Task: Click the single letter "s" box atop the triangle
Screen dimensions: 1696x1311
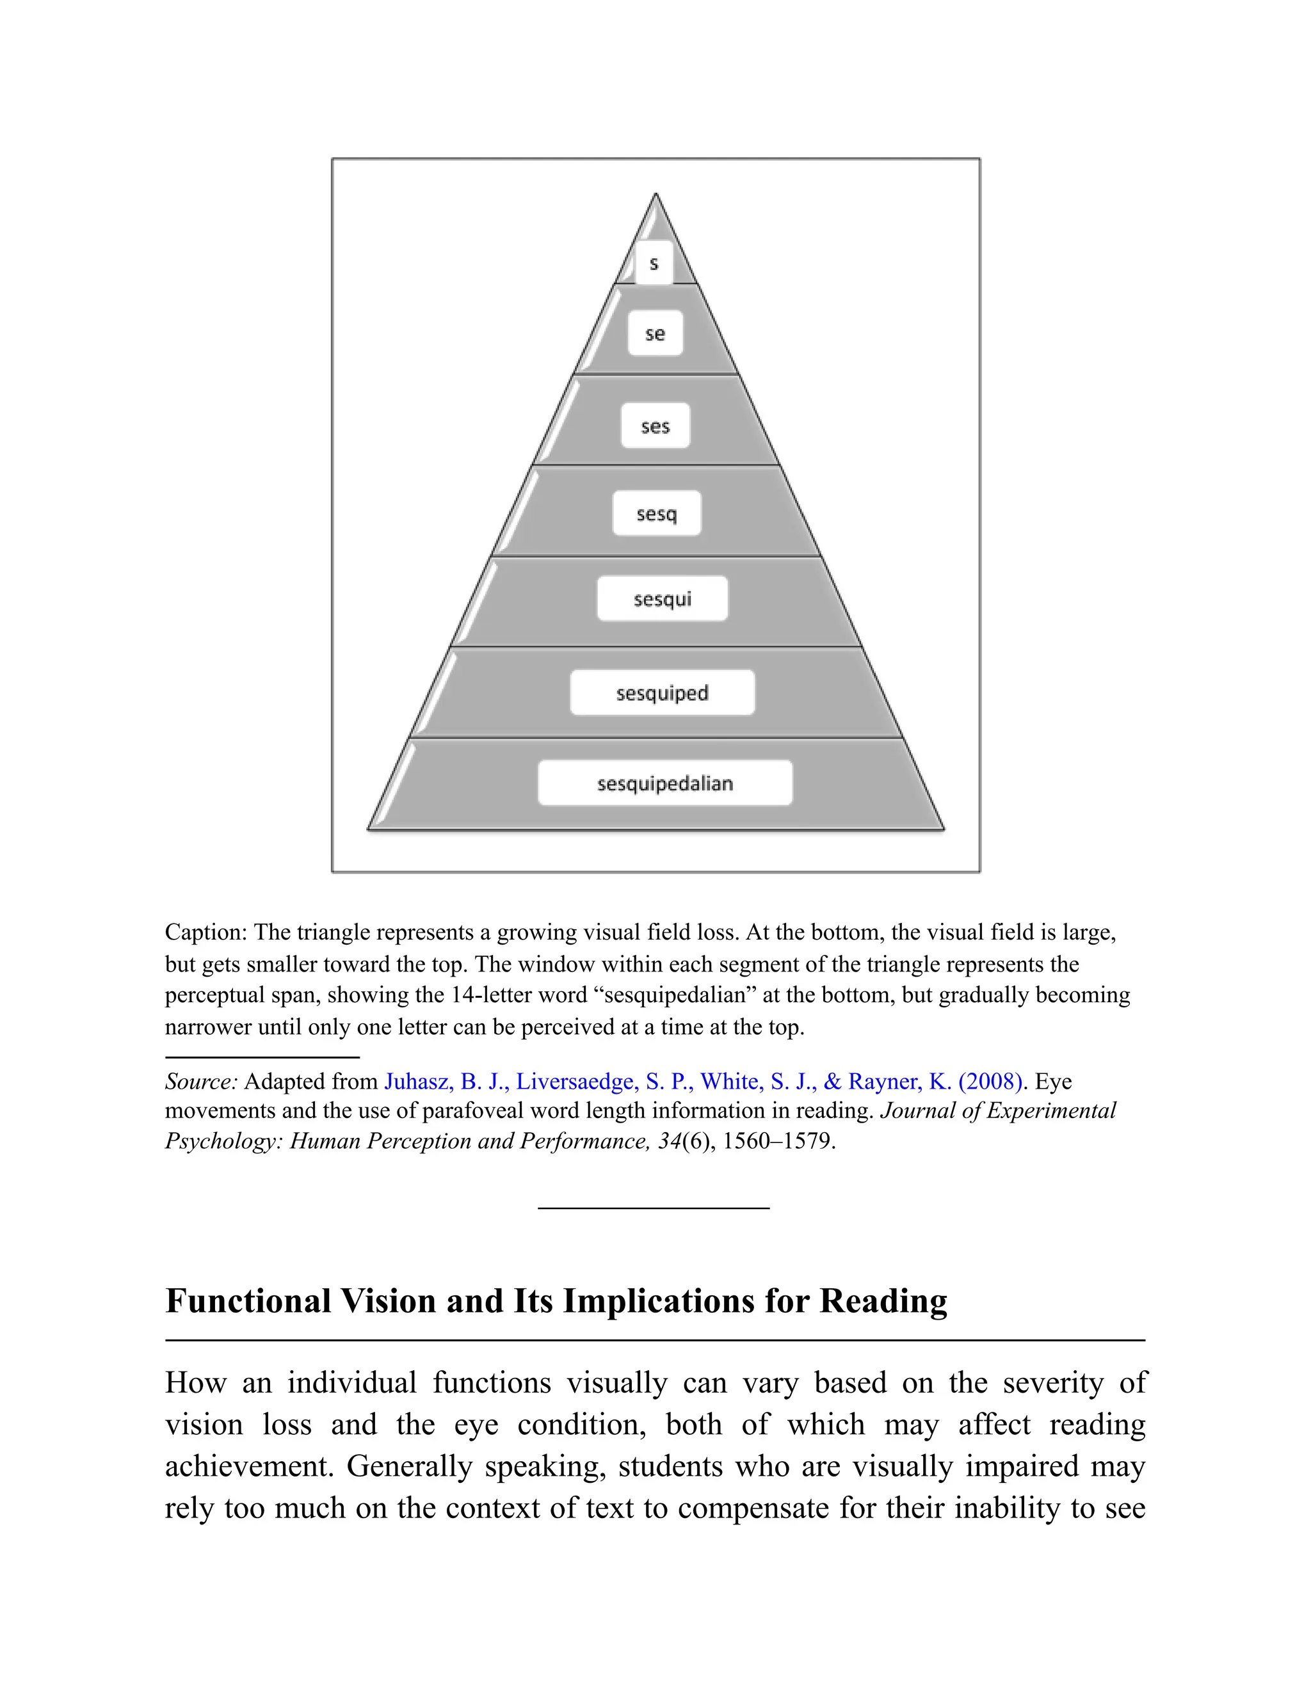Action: (x=654, y=263)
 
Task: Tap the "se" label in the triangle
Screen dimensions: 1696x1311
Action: (x=655, y=334)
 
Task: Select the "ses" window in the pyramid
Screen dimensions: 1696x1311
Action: (x=655, y=426)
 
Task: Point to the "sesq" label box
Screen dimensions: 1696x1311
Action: (x=656, y=513)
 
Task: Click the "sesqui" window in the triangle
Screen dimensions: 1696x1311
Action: (x=662, y=599)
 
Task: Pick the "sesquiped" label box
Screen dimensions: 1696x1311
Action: (x=662, y=692)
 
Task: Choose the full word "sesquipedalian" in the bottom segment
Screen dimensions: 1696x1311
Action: (x=665, y=783)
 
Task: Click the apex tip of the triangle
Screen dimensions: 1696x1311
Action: (x=655, y=196)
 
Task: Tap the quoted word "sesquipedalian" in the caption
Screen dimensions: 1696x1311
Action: (x=680, y=996)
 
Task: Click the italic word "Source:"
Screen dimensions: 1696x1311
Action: (x=201, y=1082)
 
